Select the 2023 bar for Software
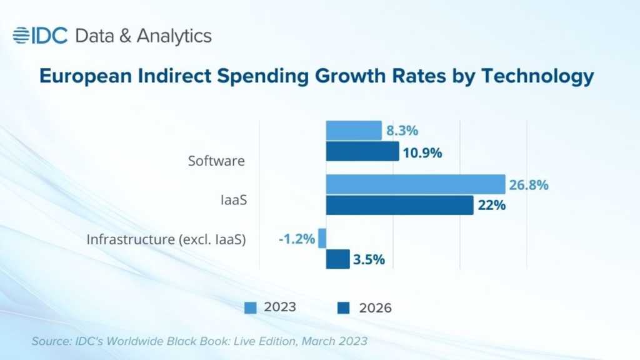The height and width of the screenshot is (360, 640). click(x=354, y=131)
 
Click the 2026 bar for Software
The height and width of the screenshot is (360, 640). click(x=362, y=151)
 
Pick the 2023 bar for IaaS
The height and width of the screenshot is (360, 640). click(x=415, y=184)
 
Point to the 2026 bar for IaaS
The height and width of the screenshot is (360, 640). click(x=399, y=205)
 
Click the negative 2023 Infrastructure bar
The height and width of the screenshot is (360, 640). click(x=322, y=238)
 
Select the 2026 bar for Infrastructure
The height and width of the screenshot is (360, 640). click(x=337, y=259)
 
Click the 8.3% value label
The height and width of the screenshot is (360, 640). click(x=402, y=131)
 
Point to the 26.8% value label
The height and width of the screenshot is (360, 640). click(x=529, y=185)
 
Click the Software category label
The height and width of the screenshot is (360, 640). click(x=216, y=161)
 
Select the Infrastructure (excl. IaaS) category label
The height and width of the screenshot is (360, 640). click(x=166, y=239)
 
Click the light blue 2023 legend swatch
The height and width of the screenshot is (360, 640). click(x=250, y=307)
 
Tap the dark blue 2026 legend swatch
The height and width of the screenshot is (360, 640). click(x=343, y=307)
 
